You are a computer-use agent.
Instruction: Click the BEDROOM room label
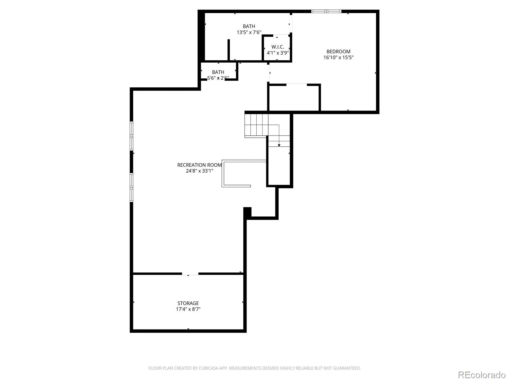tap(338, 51)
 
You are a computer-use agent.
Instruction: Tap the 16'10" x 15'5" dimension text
tap(338, 57)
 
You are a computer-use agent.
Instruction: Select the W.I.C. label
tap(278, 47)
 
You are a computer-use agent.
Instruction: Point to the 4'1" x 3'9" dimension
tap(278, 53)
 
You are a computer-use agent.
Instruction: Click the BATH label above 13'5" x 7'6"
tap(249, 26)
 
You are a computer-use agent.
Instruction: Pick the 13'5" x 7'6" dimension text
tap(249, 32)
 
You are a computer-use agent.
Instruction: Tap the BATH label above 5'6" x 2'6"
tap(218, 72)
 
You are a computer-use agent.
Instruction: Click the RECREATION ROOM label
tap(199, 165)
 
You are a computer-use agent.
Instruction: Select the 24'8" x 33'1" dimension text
tap(199, 171)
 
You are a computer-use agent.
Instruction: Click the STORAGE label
tap(188, 303)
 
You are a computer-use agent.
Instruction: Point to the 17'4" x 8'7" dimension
tap(188, 309)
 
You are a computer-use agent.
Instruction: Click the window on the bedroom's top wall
tap(326, 11)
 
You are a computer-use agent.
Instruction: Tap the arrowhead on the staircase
tap(279, 145)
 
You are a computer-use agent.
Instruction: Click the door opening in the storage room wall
tap(190, 274)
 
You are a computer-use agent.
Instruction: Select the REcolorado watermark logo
tap(482, 375)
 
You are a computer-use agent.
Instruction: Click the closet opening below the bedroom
tap(296, 85)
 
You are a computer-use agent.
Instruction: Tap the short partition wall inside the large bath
tap(229, 50)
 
